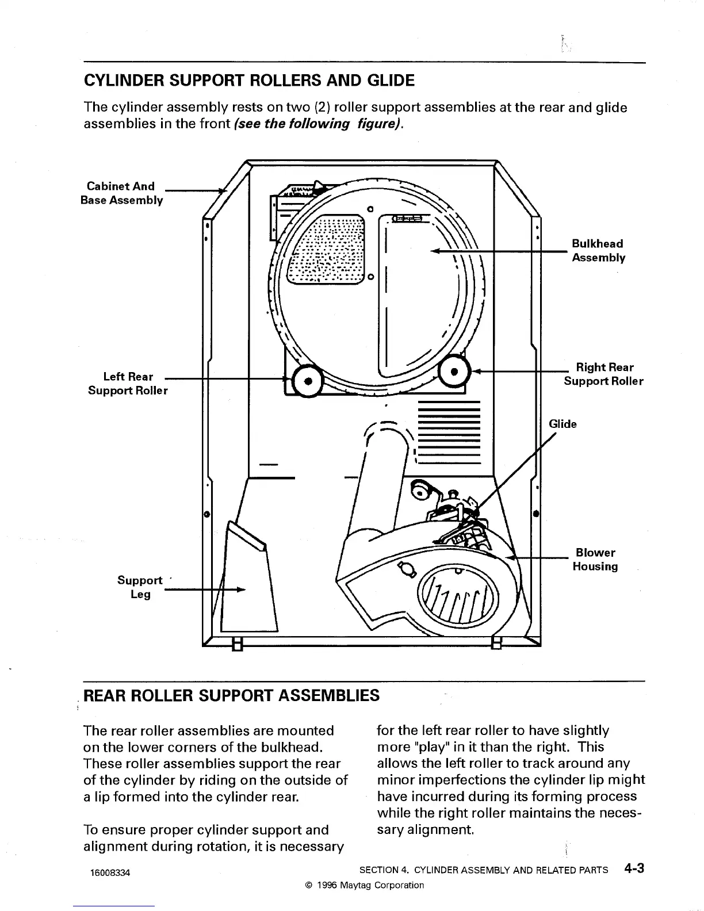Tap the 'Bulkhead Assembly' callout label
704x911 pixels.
598,251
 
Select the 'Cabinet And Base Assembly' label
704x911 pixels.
121,193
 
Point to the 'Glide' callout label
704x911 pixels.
563,424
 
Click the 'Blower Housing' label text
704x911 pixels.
595,560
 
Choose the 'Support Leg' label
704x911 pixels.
140,587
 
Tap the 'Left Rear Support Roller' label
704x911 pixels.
128,384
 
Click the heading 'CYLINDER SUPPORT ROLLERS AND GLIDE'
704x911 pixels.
249,81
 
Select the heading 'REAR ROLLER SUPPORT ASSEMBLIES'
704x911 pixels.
232,695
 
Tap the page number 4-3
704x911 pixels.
633,868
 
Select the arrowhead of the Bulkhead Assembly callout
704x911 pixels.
435,251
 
